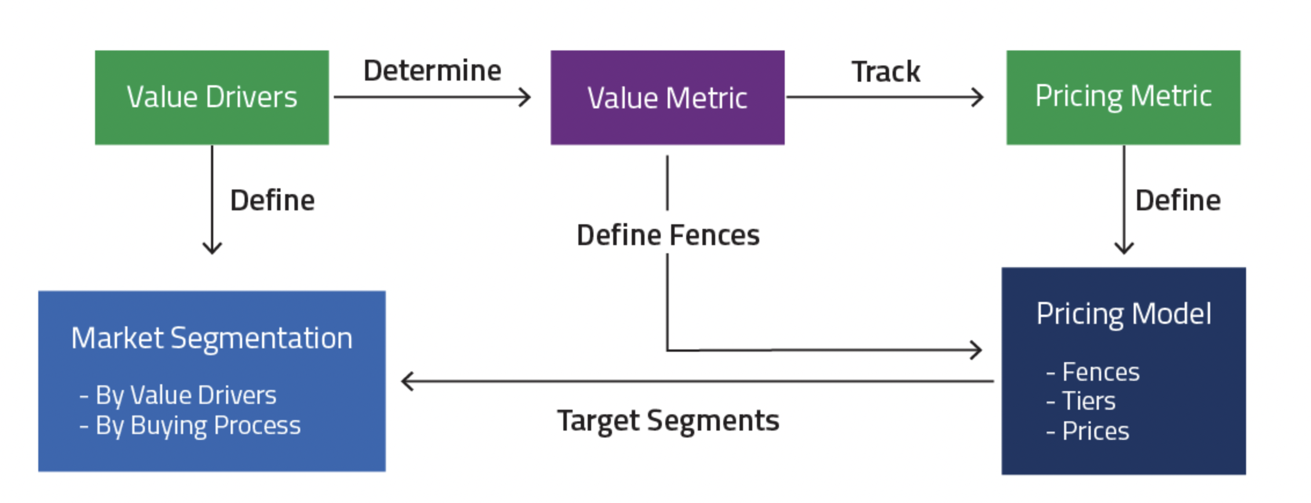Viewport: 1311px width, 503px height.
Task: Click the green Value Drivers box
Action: click(212, 97)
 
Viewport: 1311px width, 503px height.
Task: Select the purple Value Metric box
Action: click(667, 97)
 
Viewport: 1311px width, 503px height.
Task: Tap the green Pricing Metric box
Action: click(1123, 97)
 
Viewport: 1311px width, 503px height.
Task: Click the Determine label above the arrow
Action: click(432, 71)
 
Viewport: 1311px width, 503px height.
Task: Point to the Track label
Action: click(885, 72)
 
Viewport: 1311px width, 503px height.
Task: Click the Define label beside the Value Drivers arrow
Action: click(272, 201)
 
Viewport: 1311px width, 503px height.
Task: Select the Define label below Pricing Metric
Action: click(1178, 201)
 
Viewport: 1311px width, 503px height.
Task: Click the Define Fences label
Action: click(668, 235)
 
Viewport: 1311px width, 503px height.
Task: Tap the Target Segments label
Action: click(668, 421)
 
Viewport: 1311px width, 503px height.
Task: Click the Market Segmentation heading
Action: click(212, 338)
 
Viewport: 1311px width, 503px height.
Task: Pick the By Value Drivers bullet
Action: click(185, 395)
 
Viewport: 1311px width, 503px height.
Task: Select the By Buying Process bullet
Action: click(197, 425)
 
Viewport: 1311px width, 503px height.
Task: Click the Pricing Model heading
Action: click(1123, 314)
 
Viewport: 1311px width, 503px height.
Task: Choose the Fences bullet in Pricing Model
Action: click(1100, 372)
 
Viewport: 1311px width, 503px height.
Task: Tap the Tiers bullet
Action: click(1088, 401)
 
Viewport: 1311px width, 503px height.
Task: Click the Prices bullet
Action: click(1095, 431)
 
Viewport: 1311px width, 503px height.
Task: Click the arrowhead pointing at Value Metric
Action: click(525, 97)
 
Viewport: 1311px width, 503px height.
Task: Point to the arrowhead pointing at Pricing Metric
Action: click(978, 97)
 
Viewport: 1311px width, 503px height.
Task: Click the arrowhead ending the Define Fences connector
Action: click(977, 350)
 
